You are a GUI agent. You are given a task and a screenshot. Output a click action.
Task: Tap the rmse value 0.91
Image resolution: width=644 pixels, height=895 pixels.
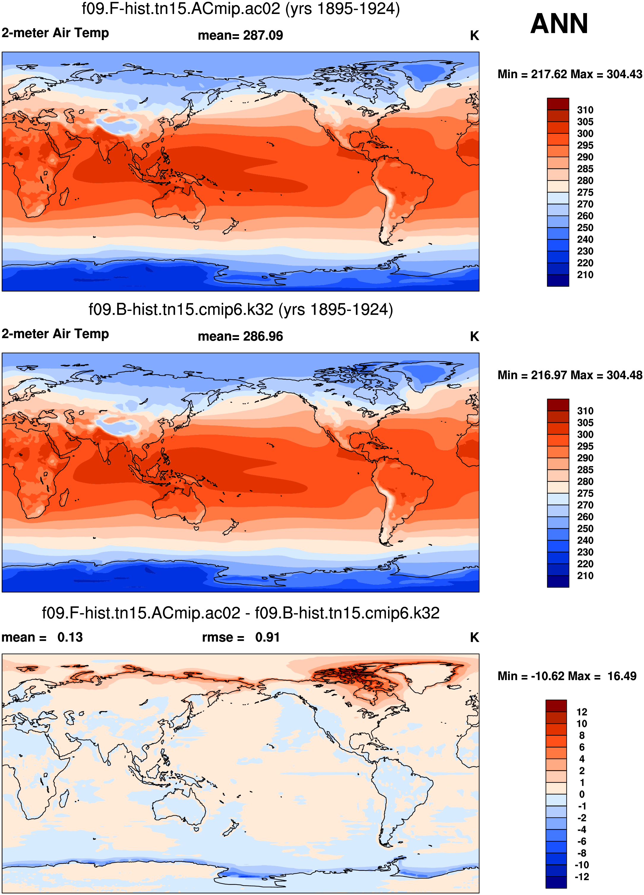coord(267,637)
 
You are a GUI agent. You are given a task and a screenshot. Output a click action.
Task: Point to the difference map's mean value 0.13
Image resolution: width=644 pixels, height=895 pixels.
coord(70,637)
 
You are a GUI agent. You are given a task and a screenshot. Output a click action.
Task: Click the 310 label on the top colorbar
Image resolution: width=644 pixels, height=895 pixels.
coord(585,110)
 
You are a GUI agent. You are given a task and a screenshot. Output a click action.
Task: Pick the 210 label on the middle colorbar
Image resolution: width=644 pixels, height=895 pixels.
coord(585,576)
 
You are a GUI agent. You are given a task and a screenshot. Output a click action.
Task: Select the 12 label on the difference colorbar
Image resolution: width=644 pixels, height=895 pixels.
coord(582,712)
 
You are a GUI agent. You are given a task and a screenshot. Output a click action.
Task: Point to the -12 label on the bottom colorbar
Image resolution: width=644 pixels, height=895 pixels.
coord(582,877)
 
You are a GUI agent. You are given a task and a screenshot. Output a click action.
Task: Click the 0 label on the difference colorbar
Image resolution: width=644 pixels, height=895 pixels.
coord(582,794)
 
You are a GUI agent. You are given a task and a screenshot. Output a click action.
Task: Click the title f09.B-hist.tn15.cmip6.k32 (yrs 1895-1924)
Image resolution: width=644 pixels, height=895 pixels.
coord(240,310)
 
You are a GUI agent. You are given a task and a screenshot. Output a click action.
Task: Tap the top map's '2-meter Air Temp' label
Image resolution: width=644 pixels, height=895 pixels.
coord(55,33)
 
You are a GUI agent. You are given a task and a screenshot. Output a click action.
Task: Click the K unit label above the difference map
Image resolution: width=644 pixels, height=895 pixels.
coord(474,637)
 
